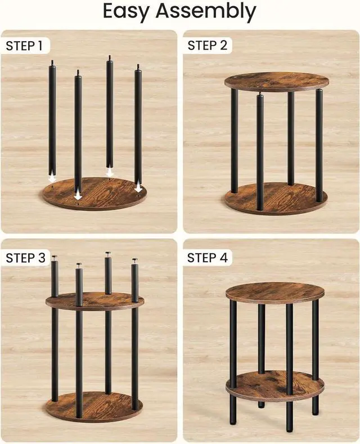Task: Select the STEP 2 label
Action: point(208,46)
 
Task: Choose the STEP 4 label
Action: point(208,258)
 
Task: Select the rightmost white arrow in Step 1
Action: point(138,187)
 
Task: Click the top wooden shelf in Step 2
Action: point(277,81)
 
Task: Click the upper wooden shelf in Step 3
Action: point(94,301)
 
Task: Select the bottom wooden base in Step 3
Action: point(94,406)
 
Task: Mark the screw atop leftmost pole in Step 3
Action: point(55,258)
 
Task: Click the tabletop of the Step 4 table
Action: point(275,292)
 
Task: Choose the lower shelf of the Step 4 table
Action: point(275,385)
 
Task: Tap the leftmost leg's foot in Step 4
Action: point(233,419)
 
